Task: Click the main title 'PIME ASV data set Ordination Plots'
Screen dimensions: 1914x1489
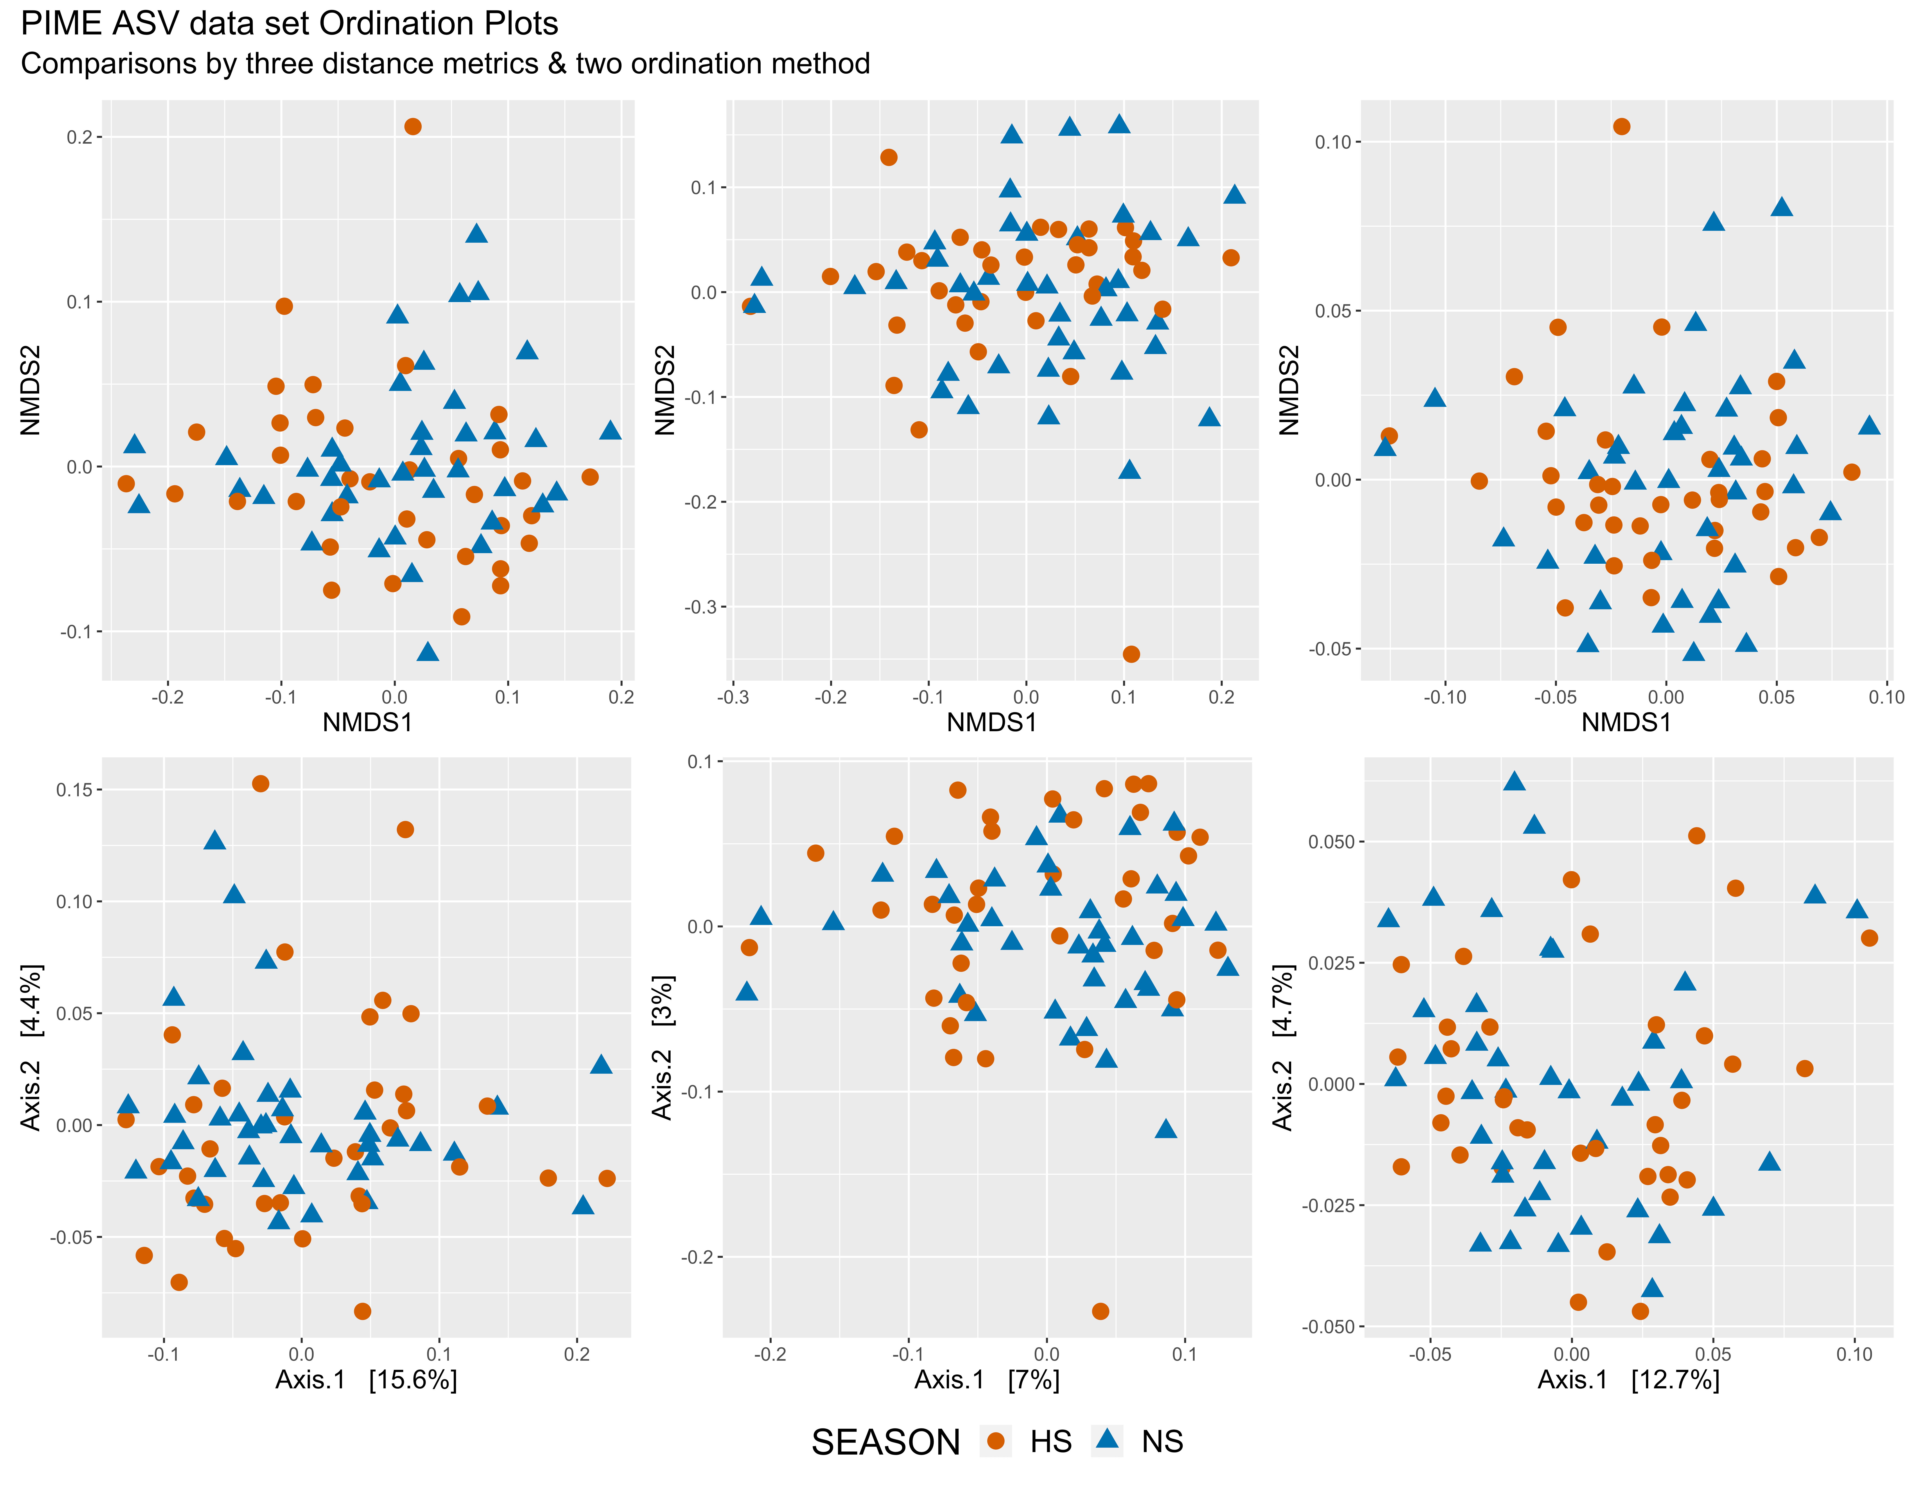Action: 289,24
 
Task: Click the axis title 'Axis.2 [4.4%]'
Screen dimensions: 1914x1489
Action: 31,1047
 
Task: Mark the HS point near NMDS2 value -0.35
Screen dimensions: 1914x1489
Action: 1130,654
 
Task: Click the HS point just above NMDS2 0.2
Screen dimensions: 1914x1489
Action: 413,126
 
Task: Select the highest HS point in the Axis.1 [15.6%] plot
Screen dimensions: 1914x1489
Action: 260,783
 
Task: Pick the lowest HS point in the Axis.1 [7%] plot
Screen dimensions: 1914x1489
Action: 1101,1311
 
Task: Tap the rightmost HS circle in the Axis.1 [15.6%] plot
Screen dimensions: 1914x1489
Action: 606,1178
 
